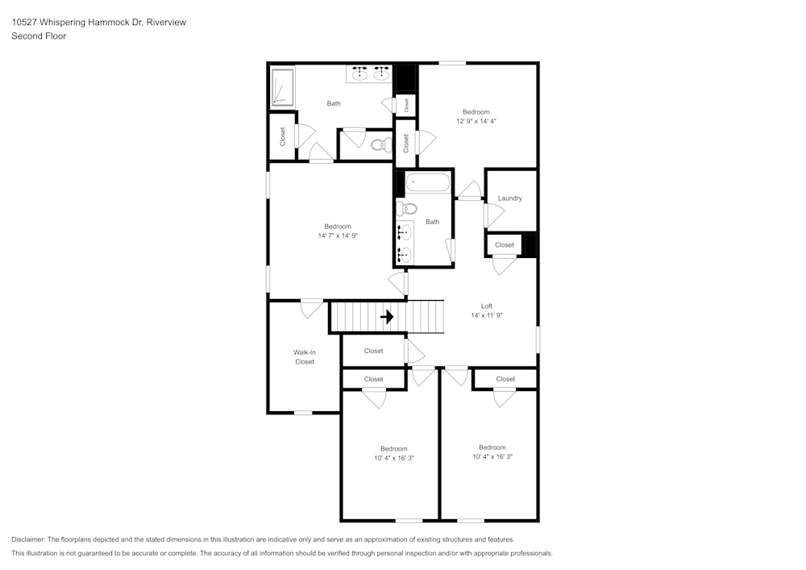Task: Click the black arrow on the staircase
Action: point(387,317)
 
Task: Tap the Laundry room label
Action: point(509,198)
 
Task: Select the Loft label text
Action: point(487,306)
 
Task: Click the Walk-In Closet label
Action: point(304,357)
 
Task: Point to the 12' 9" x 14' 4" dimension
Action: point(476,121)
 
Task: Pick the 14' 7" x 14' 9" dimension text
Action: point(338,235)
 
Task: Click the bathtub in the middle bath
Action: point(427,183)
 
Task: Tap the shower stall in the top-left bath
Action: point(283,87)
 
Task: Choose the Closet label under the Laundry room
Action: point(505,245)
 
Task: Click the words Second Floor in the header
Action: point(39,36)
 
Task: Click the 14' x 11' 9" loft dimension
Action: point(487,315)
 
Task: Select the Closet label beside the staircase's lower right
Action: point(373,351)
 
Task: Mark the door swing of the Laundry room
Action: point(493,215)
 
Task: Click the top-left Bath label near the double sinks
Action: point(333,103)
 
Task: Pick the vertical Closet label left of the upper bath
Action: point(282,136)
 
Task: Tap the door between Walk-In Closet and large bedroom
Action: point(312,307)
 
